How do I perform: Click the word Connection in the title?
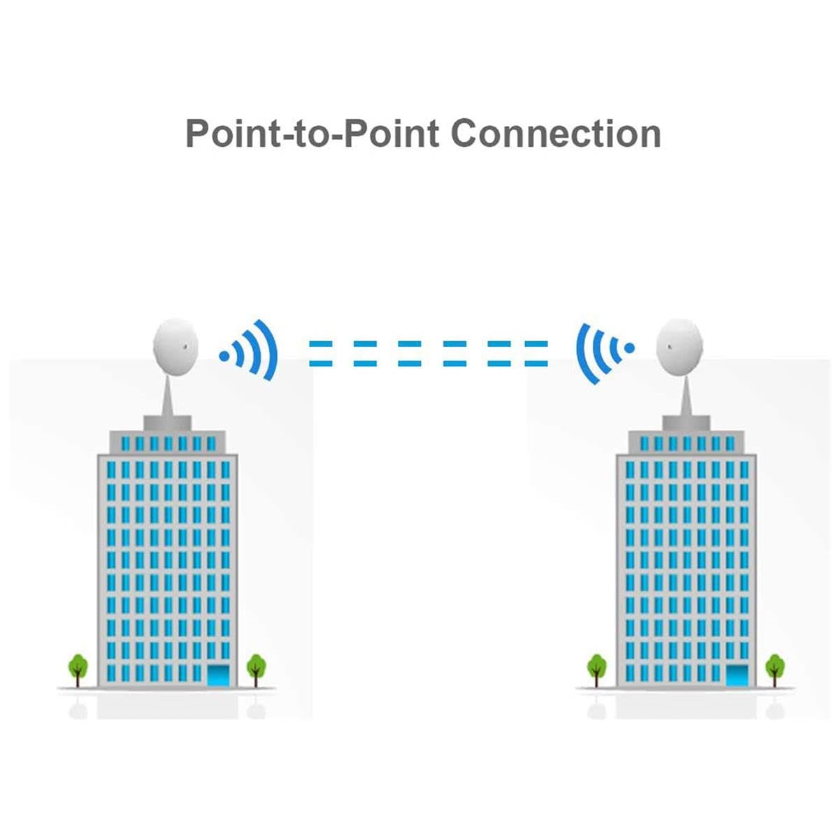click(x=556, y=133)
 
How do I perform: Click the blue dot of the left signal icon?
click(x=224, y=356)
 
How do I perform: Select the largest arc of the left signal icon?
click(x=268, y=350)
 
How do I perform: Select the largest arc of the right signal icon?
click(x=585, y=353)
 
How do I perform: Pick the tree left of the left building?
click(x=78, y=666)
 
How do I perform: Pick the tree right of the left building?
click(x=257, y=666)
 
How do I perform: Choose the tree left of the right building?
click(x=596, y=666)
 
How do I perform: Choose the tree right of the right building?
click(x=775, y=666)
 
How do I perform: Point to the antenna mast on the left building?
click(x=168, y=395)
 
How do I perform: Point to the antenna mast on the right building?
click(x=686, y=395)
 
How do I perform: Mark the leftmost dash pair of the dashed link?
click(x=321, y=354)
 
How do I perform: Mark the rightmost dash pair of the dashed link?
click(x=536, y=354)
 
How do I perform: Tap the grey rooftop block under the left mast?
click(x=168, y=422)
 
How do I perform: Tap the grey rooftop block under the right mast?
click(x=686, y=422)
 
